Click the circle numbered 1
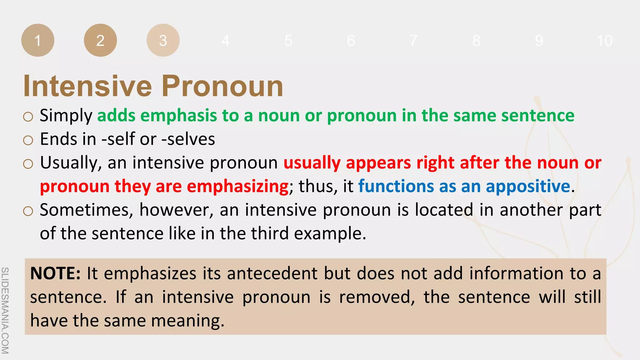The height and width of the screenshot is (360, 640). point(38,40)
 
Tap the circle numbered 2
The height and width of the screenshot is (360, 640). point(100,40)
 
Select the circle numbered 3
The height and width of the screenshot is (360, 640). point(163,40)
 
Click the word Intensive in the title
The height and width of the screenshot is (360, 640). point(87,86)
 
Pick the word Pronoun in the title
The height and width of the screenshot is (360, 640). point(222,86)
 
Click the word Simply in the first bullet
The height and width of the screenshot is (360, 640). point(66,116)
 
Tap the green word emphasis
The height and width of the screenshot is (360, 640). point(178,116)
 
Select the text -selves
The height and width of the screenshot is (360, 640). point(188,139)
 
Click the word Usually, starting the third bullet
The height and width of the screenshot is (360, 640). point(71,163)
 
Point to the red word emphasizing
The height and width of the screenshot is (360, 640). point(237,187)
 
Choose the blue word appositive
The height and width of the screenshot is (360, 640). point(528,187)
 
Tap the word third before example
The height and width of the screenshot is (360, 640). point(270,234)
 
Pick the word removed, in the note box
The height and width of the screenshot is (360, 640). point(377,297)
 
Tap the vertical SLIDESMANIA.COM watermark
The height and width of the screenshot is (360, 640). point(5,310)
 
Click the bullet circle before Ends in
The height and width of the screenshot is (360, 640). point(28,140)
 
